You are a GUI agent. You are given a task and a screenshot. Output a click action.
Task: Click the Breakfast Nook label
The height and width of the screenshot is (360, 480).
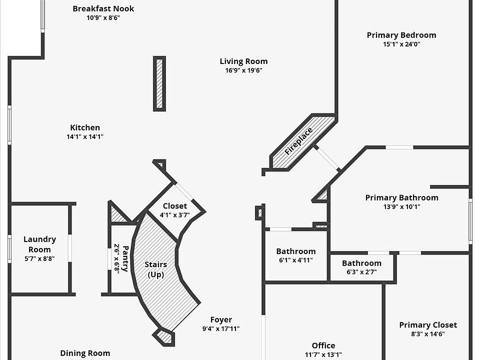click(x=103, y=8)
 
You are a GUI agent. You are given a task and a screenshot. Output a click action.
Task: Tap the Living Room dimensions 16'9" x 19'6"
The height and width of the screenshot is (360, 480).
click(x=243, y=70)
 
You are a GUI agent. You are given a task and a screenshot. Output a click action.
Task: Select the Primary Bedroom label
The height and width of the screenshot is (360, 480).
click(x=401, y=35)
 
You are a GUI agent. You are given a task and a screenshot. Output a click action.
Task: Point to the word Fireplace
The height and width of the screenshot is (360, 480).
click(x=298, y=141)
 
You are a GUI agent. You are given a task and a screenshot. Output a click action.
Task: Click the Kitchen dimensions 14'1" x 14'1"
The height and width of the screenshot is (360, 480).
click(x=85, y=136)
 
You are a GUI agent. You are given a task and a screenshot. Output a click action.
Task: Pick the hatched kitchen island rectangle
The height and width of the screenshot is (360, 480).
click(x=159, y=83)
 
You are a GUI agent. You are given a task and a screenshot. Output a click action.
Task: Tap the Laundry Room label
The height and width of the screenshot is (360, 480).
click(x=39, y=244)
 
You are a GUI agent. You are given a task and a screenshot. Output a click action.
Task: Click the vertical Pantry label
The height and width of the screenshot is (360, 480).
click(x=125, y=258)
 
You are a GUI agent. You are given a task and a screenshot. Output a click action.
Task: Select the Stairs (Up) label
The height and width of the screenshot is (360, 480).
click(x=156, y=269)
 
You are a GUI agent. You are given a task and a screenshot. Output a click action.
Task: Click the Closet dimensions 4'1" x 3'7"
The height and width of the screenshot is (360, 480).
click(x=174, y=215)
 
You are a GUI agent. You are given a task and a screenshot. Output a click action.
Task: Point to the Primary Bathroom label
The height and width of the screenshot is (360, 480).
click(x=401, y=197)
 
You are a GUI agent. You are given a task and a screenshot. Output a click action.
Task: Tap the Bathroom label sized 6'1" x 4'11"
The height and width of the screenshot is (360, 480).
click(x=296, y=251)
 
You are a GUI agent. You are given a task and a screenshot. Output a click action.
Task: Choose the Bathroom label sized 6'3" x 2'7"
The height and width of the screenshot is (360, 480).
click(x=361, y=263)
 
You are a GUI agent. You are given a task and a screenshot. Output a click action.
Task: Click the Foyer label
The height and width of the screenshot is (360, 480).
click(x=220, y=320)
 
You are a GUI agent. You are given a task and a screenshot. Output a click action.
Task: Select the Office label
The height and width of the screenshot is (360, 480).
click(x=323, y=345)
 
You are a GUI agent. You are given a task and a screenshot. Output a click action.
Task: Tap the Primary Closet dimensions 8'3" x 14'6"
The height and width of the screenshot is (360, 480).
click(x=427, y=334)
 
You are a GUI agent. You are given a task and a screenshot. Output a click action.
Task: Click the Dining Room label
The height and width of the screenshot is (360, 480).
click(x=85, y=353)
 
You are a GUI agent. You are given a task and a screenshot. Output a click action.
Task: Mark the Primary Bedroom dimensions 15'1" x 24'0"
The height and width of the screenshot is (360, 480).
click(x=401, y=44)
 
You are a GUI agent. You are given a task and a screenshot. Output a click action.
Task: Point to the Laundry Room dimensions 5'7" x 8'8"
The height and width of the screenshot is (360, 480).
click(x=39, y=258)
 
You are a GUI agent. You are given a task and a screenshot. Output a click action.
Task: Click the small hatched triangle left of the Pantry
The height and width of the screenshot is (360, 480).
click(x=118, y=214)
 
